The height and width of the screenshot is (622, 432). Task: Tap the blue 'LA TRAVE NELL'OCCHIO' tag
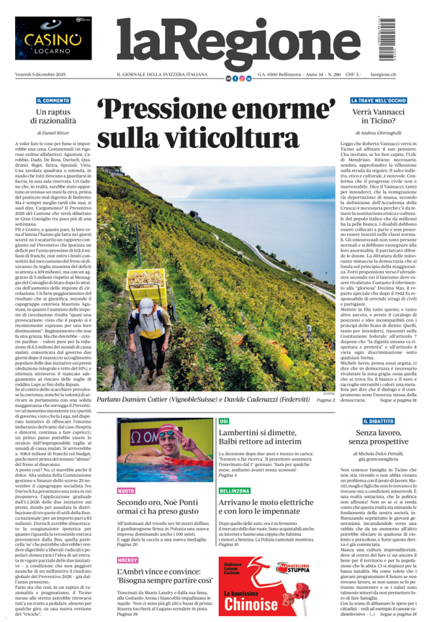point(379,101)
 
